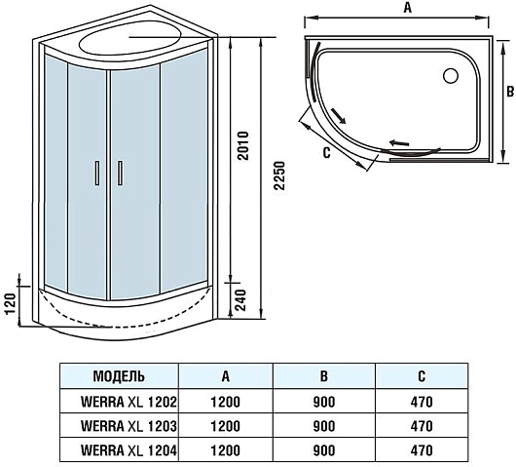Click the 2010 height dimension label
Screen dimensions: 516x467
pyautogui.click(x=243, y=145)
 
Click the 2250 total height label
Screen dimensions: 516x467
pyautogui.click(x=279, y=175)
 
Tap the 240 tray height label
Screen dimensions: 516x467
pyautogui.click(x=241, y=300)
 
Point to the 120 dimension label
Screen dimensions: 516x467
pyautogui.click(x=11, y=303)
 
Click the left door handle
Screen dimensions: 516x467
pyautogui.click(x=97, y=173)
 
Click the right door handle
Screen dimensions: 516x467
pyautogui.click(x=120, y=173)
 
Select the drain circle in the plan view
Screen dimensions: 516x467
pyautogui.click(x=451, y=76)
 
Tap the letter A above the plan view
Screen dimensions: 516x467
pyautogui.click(x=407, y=8)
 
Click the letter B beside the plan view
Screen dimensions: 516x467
pyautogui.click(x=510, y=92)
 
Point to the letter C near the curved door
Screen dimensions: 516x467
pyautogui.click(x=326, y=153)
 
